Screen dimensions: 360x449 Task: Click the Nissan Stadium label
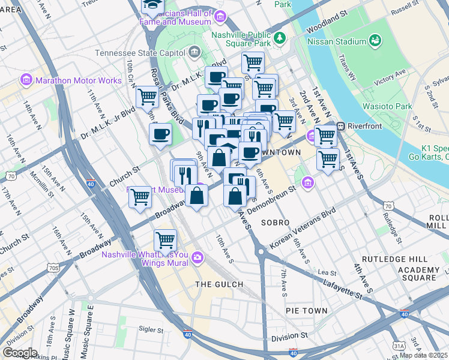[x=336, y=41]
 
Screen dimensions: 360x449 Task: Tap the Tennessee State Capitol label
[x=140, y=52]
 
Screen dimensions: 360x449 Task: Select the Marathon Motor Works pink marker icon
[x=26, y=80]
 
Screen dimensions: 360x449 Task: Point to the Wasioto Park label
[x=387, y=106]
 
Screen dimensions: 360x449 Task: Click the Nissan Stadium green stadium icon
[x=376, y=41]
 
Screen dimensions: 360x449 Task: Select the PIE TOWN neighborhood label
[x=307, y=311]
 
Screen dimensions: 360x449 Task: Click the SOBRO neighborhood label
[x=276, y=223]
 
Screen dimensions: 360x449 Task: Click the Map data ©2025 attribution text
[x=424, y=355]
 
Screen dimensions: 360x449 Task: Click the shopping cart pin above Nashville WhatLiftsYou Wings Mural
[x=165, y=240]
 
